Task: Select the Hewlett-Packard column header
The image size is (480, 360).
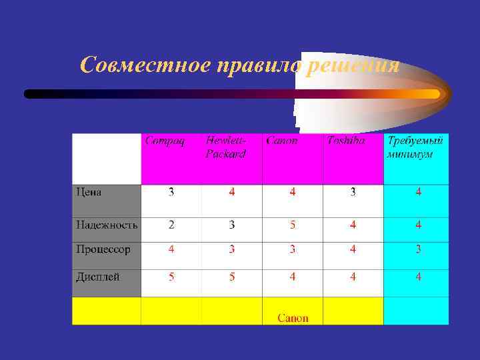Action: pos(225,147)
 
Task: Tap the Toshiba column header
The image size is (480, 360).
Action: pos(345,141)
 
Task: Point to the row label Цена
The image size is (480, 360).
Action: pos(89,193)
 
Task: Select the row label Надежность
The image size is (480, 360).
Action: pos(107,225)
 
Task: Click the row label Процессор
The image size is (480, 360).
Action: pos(103,249)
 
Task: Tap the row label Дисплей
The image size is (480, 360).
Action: pos(98,276)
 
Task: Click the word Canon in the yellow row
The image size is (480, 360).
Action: pos(293,318)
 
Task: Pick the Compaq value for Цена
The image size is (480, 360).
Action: pos(171,193)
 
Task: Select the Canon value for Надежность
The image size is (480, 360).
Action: pos(292,225)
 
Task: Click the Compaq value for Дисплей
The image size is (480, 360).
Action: pos(171,277)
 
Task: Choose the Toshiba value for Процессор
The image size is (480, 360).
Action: pos(353,250)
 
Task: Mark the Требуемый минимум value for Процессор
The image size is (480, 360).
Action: pos(418,250)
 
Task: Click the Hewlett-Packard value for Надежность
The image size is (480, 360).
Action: pos(231,225)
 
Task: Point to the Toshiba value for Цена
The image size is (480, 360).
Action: pos(353,193)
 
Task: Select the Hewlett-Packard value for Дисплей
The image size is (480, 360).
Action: pos(231,277)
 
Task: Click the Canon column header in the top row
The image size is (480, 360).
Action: pos(281,141)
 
